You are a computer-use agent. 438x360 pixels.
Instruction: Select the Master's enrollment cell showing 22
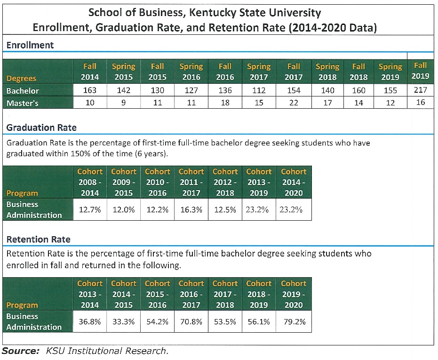coord(293,103)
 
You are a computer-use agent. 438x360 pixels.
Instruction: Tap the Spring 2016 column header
coord(191,72)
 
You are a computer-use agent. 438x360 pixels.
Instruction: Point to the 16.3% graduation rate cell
coord(191,210)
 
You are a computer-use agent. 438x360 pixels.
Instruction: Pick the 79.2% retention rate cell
coord(293,322)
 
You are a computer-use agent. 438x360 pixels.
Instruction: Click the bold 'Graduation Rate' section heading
coord(41,128)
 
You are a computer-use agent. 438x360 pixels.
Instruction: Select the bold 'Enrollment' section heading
coord(30,45)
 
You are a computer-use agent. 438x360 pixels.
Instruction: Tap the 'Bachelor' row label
coord(23,90)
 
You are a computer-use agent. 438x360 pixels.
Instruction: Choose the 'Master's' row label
coord(23,103)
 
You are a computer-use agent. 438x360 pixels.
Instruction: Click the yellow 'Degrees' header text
coord(21,78)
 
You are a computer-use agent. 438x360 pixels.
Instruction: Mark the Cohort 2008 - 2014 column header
coord(89,182)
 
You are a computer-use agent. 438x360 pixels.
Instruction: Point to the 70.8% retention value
coord(191,322)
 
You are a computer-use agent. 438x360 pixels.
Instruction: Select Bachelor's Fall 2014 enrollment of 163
coord(90,90)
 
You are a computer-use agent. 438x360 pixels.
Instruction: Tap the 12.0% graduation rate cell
coord(124,210)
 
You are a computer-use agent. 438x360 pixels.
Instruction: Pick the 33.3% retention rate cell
coord(124,322)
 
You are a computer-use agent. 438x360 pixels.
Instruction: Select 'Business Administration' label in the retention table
coord(34,321)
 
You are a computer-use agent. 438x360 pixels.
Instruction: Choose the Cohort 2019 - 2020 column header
coord(293,294)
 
